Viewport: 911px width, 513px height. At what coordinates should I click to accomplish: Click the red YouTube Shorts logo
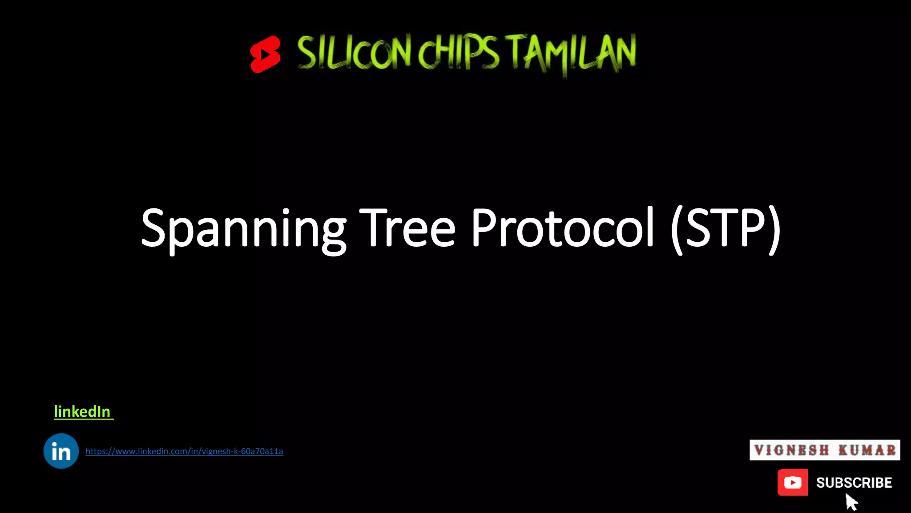[265, 54]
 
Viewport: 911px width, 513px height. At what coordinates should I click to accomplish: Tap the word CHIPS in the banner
[458, 53]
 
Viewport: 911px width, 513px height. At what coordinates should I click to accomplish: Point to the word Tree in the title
[407, 228]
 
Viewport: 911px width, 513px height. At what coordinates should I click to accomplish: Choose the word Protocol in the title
[562, 228]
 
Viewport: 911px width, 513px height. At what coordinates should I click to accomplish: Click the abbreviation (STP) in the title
[726, 228]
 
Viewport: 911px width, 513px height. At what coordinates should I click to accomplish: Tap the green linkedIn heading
[82, 412]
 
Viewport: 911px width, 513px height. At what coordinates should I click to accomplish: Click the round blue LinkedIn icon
[61, 451]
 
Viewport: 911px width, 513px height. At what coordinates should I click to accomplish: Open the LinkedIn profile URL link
[184, 452]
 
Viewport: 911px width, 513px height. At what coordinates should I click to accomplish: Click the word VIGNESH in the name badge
[792, 450]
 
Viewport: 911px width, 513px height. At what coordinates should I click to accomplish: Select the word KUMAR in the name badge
[867, 450]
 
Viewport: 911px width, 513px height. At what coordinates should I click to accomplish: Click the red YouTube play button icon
[793, 482]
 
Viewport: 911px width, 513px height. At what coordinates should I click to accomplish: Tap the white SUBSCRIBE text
[854, 483]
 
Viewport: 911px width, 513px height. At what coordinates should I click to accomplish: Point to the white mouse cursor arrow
[851, 502]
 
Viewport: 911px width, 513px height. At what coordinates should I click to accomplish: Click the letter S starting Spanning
[153, 228]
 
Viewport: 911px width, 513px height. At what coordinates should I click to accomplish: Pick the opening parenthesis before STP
[677, 229]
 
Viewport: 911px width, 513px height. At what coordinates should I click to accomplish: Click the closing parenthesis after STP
[775, 229]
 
